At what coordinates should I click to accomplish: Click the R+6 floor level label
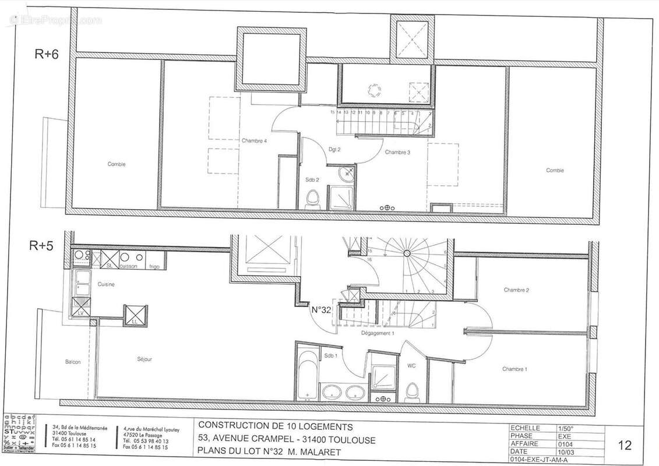tap(46, 54)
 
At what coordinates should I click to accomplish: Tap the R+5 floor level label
tap(41, 246)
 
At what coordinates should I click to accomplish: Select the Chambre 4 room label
tap(254, 140)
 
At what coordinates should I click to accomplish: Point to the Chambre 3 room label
tap(397, 153)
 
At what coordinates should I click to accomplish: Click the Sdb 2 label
tap(313, 179)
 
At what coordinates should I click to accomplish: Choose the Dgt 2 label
tap(334, 150)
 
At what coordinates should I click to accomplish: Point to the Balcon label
tap(73, 362)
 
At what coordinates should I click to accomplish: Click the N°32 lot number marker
tap(320, 310)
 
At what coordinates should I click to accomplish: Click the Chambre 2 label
tap(516, 290)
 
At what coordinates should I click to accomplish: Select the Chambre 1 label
tap(514, 369)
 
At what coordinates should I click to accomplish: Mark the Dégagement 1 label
tap(378, 333)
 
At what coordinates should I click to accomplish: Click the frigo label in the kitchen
tap(154, 266)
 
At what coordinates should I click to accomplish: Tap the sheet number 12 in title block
tap(624, 446)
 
